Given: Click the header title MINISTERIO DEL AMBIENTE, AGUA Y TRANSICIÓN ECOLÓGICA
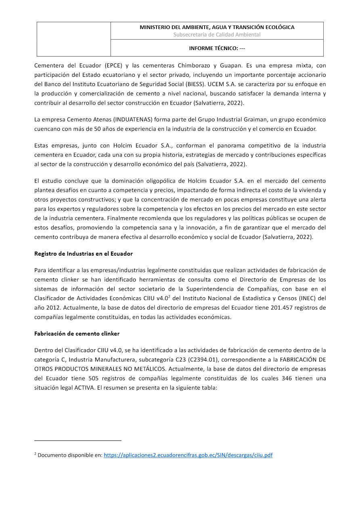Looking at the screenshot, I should [x=217, y=27].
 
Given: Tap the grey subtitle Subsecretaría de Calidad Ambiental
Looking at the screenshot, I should [x=217, y=35].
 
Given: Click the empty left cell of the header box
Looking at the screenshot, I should [x=74, y=39].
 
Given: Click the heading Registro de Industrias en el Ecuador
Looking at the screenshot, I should [x=84, y=254].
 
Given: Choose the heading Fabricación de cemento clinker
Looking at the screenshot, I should [x=77, y=334].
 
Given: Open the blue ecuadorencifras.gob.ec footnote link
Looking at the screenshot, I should [x=188, y=455].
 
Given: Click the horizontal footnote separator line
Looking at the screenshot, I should [x=78, y=441].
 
